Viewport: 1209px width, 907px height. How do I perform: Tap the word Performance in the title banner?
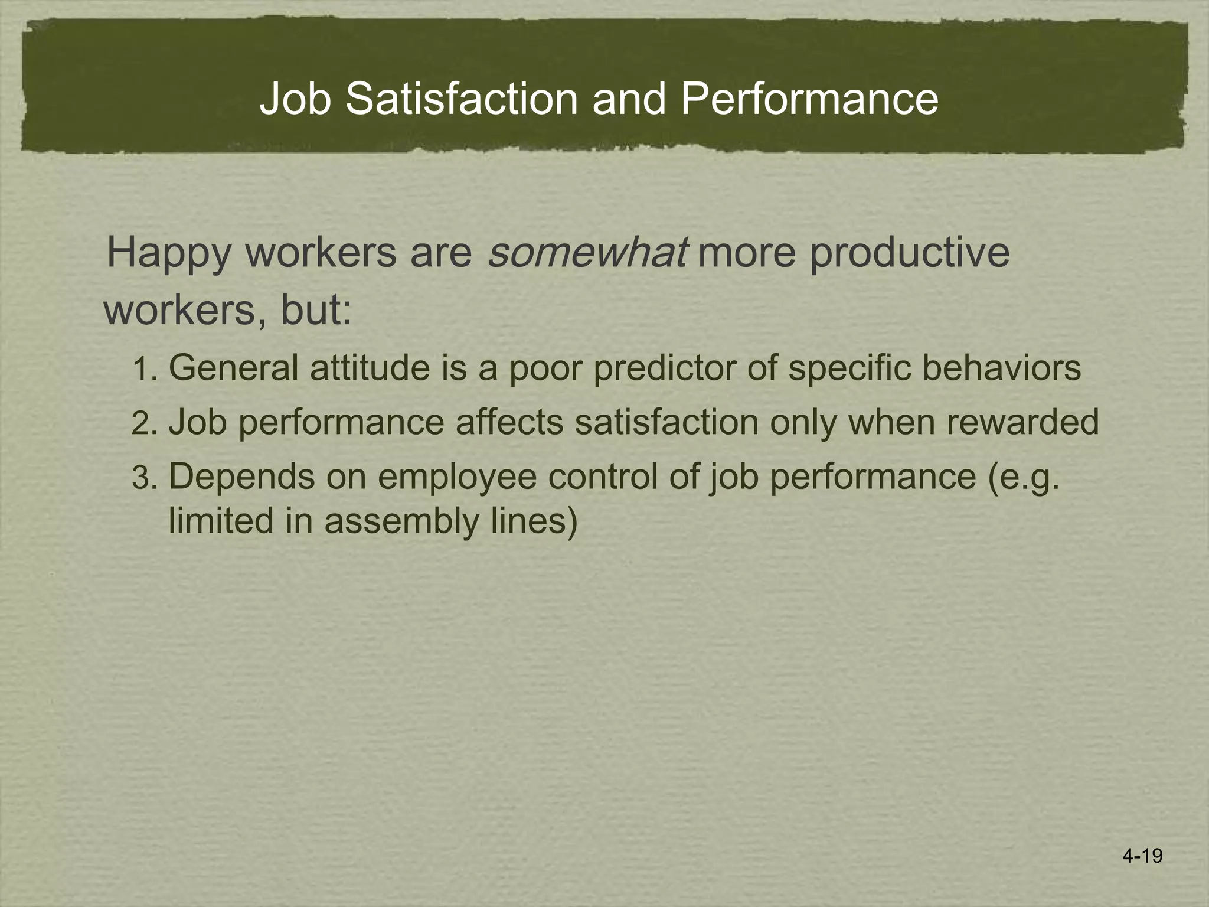pos(809,99)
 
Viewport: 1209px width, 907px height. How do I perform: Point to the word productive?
pos(909,254)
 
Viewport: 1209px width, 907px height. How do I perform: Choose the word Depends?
pos(242,477)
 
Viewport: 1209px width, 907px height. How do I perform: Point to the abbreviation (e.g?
pos(1024,477)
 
